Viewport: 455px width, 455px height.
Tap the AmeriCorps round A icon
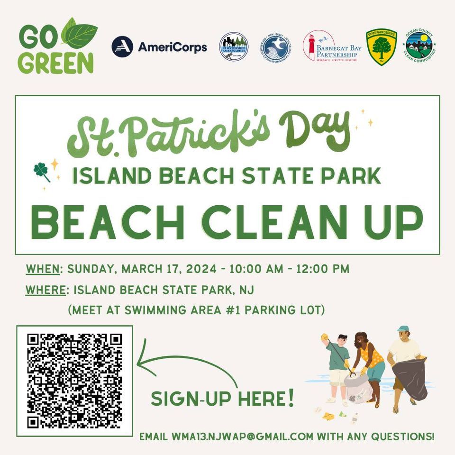(x=122, y=47)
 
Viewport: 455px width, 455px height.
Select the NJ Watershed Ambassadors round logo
(x=234, y=46)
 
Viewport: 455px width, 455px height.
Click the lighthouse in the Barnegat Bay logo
(x=311, y=46)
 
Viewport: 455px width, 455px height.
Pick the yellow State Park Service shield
(x=381, y=46)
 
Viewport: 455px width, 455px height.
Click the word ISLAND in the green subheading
(x=112, y=176)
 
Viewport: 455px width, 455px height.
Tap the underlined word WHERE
(x=45, y=290)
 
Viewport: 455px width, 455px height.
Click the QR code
(x=74, y=381)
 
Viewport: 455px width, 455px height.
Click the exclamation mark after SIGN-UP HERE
(x=290, y=398)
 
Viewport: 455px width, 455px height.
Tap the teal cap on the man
(x=403, y=328)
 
